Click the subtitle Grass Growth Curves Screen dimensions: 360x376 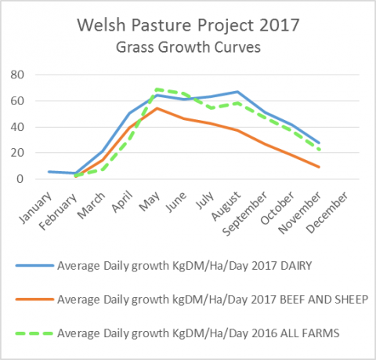coord(187,47)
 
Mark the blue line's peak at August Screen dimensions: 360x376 coord(237,92)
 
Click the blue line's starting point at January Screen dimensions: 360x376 coord(49,171)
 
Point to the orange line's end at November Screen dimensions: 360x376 coord(318,166)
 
